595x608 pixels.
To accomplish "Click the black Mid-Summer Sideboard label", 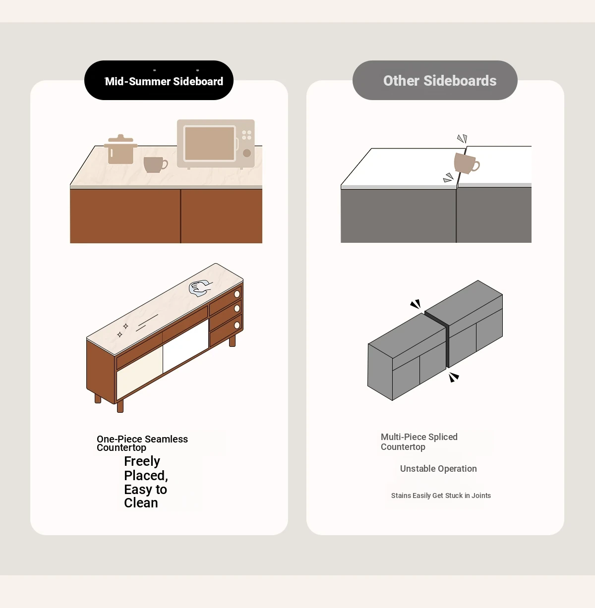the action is point(159,80).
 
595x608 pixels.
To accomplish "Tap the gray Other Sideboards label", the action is point(435,80).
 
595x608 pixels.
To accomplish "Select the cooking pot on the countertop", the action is point(120,149).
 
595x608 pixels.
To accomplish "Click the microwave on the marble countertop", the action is point(216,144).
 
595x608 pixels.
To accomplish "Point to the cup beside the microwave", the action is point(155,165).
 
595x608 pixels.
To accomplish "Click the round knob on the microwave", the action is point(247,153).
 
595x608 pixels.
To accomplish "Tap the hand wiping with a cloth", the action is point(200,288).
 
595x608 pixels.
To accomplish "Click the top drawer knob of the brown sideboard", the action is point(237,294).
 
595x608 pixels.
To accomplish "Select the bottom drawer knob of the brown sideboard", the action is point(237,325).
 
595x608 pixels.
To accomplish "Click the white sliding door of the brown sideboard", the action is point(186,345).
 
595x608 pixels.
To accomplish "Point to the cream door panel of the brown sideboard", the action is point(140,373).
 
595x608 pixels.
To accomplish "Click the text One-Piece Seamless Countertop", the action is point(142,443).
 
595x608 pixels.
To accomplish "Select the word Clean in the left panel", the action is point(141,503).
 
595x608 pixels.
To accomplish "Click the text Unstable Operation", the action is point(438,469).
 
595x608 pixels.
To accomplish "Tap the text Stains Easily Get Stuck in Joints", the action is point(441,496).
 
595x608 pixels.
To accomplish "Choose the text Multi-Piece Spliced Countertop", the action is point(419,442).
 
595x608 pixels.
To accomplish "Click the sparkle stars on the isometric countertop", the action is point(122,331).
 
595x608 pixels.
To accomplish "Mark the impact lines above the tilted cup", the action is point(462,138).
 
